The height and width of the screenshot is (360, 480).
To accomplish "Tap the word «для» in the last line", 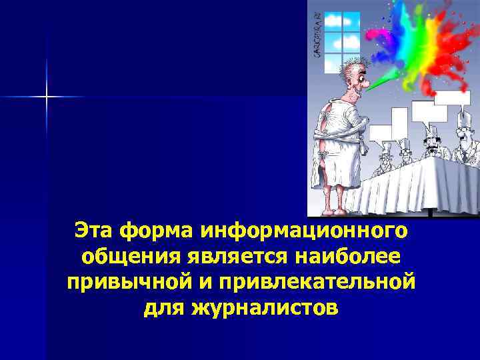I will pos(164,308).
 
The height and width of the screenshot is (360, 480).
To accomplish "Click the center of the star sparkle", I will pos(47,97).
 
